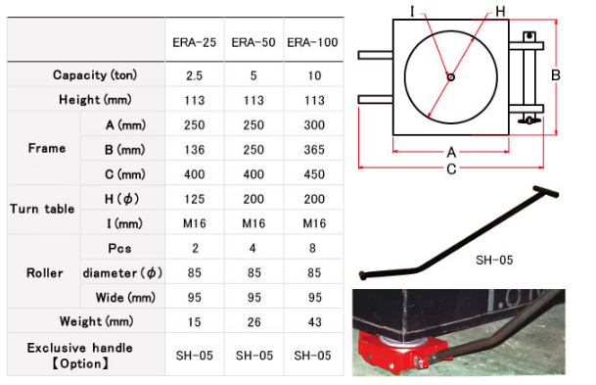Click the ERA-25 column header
coord(194,42)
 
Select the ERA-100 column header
coord(312,42)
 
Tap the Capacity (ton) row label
coord(95,75)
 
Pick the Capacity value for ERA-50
coord(253,75)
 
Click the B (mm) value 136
coord(194,150)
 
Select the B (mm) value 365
coord(314,150)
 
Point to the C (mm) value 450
coord(314,174)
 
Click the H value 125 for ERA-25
coord(194,199)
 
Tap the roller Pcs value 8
coord(312,248)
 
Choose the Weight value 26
coord(253,322)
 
